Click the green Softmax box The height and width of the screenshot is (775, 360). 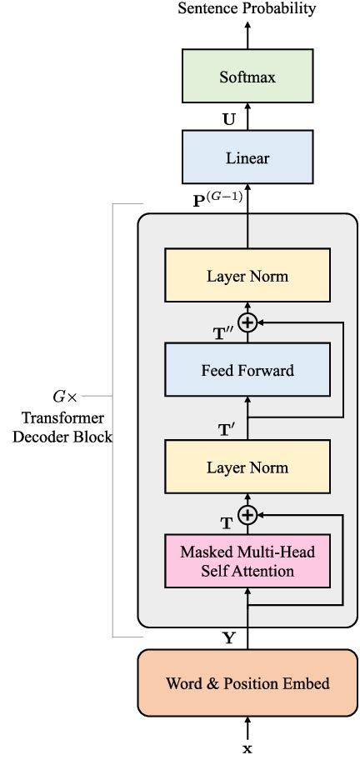247,77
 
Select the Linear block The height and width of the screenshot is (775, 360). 247,157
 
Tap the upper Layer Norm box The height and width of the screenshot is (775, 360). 247,276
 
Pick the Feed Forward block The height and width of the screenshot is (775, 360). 247,371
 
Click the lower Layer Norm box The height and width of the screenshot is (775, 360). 247,467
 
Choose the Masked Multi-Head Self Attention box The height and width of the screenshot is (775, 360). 247,561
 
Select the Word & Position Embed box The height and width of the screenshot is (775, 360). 247,683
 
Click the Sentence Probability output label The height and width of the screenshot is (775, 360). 247,9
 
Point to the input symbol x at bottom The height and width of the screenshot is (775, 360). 247,749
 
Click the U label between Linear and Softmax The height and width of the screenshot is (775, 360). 227,118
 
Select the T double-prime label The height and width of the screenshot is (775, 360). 222,332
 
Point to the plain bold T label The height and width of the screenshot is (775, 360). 227,523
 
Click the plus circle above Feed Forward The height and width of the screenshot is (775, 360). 247,322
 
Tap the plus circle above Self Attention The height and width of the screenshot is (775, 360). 247,515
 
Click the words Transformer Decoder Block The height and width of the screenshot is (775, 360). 62,428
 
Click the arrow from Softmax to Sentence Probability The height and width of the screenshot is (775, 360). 247,33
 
